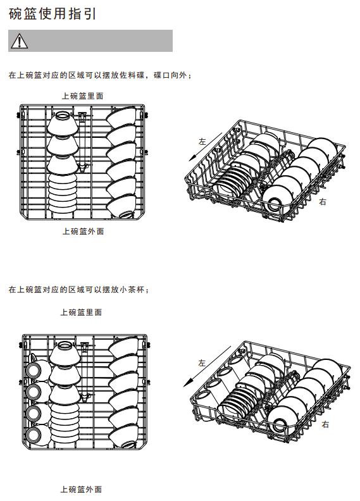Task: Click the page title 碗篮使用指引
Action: pyautogui.click(x=52, y=14)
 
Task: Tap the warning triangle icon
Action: pyautogui.click(x=19, y=41)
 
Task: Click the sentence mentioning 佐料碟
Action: pyautogui.click(x=100, y=75)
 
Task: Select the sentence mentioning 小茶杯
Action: pyautogui.click(x=78, y=290)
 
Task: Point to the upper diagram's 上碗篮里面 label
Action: pyautogui.click(x=83, y=96)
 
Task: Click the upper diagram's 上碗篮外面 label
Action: pyautogui.click(x=83, y=232)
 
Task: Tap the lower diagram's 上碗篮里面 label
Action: pyautogui.click(x=81, y=312)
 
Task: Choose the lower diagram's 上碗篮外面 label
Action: pyautogui.click(x=81, y=489)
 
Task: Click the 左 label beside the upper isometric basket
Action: pyautogui.click(x=202, y=141)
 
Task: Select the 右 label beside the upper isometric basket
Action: pyautogui.click(x=323, y=202)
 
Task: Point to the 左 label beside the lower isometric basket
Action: pyautogui.click(x=202, y=363)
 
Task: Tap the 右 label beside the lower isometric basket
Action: pyautogui.click(x=325, y=424)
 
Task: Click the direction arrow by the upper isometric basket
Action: pyautogui.click(x=205, y=147)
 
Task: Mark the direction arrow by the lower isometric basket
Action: pyautogui.click(x=207, y=366)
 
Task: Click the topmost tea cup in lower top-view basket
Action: pyautogui.click(x=36, y=369)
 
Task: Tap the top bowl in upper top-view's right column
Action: pyautogui.click(x=121, y=116)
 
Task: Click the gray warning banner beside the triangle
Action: pyautogui.click(x=90, y=41)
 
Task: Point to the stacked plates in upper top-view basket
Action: pyautogui.click(x=63, y=192)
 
